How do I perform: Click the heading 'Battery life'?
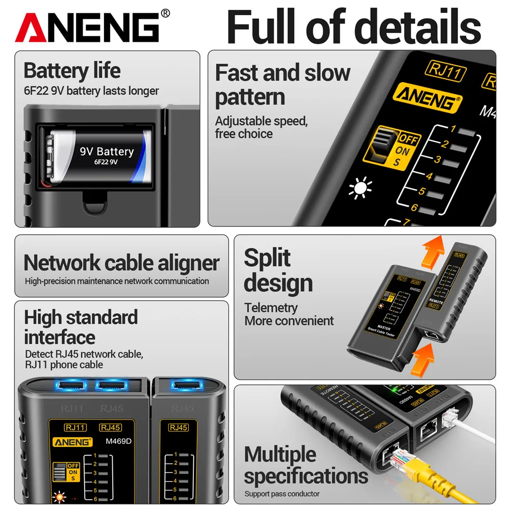pos(72,70)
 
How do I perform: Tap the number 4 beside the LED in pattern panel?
pos(429,177)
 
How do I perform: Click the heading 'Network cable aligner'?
pos(121,263)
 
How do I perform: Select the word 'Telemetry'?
pos(270,308)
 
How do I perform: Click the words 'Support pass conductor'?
pos(282,494)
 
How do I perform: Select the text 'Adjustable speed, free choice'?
pos(261,127)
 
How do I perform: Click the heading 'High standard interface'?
pos(81,327)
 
